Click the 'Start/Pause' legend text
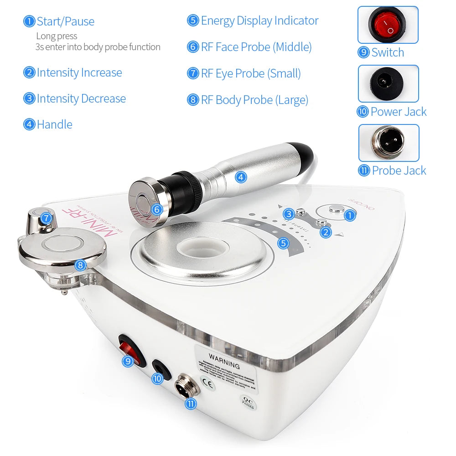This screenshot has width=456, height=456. point(65,21)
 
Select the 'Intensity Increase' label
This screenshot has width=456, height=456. point(79,73)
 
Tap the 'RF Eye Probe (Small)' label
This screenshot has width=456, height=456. point(251,73)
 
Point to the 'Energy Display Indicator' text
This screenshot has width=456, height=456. point(259,21)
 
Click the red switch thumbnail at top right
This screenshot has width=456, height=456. point(388,25)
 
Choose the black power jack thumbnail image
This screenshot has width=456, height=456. point(388,83)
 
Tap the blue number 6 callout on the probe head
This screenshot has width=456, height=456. point(157,209)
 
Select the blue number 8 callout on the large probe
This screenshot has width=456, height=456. point(80,265)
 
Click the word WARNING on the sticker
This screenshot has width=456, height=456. point(224,365)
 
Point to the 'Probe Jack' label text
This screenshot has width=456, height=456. point(399,171)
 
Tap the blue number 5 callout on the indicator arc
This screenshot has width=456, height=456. point(284,243)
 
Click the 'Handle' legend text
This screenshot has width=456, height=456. point(54,124)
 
